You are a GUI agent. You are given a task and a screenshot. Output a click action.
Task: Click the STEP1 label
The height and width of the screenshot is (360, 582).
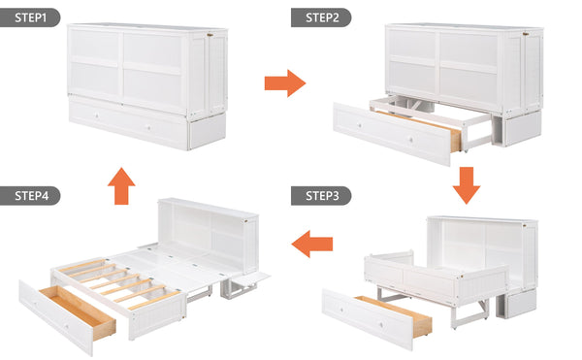tap(31, 17)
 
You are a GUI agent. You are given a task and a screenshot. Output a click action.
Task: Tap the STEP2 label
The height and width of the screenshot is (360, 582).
tap(321, 17)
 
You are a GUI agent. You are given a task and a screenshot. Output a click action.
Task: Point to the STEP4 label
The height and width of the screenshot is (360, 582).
tap(31, 195)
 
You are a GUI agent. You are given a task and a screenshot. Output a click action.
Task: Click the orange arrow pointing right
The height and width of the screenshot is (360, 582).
tap(284, 82)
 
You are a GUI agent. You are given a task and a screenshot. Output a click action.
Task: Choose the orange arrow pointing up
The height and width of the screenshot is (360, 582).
tap(121, 184)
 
